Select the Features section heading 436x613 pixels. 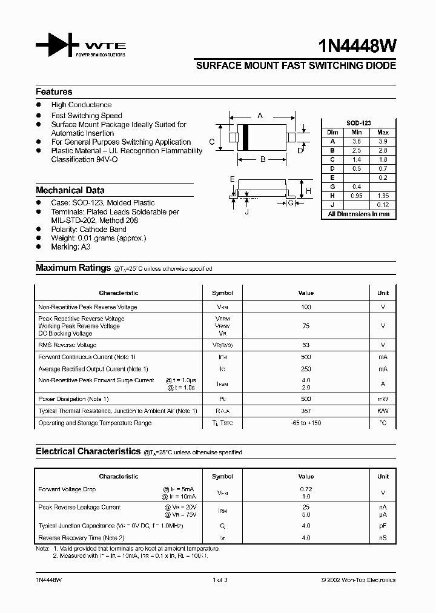click(x=54, y=92)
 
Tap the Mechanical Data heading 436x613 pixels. click(x=70, y=190)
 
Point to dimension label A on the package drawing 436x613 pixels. click(x=260, y=115)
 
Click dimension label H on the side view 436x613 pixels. click(x=308, y=191)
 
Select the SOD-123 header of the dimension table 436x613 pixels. click(x=358, y=123)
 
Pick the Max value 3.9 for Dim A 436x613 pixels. click(x=383, y=141)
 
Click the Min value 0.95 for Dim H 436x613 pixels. click(x=357, y=196)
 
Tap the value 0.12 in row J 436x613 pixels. click(x=383, y=205)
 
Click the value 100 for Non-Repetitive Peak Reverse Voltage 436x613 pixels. click(x=306, y=307)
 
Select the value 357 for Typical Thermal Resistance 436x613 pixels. click(x=306, y=411)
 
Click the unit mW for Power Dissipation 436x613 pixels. click(x=383, y=399)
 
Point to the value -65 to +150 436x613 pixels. click(x=306, y=423)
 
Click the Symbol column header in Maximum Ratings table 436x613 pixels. click(x=222, y=293)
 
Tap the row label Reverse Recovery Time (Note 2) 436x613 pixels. click(x=81, y=538)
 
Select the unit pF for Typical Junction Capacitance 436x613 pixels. click(x=383, y=526)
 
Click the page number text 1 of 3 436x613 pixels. click(x=220, y=580)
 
